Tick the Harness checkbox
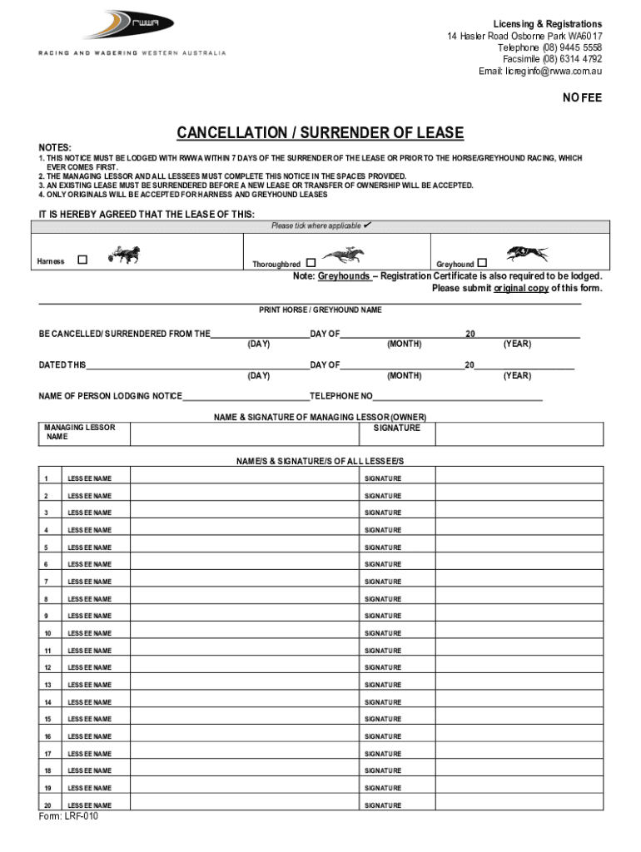click(x=82, y=260)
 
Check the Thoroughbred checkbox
click(x=311, y=263)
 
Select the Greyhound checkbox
click(x=482, y=263)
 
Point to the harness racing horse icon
click(x=123, y=255)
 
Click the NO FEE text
click(x=581, y=98)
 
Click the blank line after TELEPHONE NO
click(x=457, y=397)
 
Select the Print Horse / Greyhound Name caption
click(x=320, y=310)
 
